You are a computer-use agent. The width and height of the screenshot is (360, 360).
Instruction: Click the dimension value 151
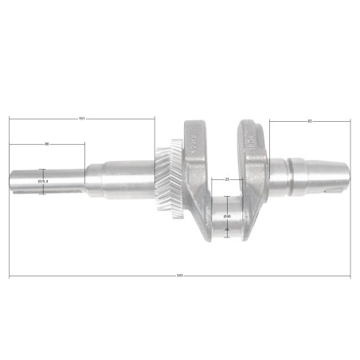click(82, 119)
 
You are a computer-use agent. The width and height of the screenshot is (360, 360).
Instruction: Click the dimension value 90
click(47, 144)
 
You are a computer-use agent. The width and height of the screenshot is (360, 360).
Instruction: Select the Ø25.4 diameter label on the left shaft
click(43, 182)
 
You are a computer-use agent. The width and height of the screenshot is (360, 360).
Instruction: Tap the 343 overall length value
click(180, 276)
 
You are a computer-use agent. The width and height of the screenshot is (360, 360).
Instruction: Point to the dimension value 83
click(309, 120)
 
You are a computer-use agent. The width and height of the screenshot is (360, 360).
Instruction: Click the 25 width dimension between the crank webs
click(228, 179)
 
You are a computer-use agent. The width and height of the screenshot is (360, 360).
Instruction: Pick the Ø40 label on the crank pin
click(227, 215)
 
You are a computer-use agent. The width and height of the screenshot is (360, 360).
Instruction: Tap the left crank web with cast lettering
click(196, 171)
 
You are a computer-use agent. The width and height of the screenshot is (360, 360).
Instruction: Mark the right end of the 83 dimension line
click(350, 121)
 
